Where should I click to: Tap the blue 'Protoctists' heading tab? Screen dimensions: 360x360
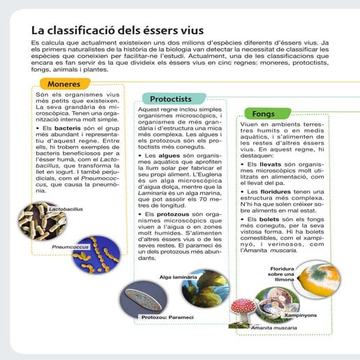coord(171,99)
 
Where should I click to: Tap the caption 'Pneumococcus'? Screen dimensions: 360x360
coord(73,247)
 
